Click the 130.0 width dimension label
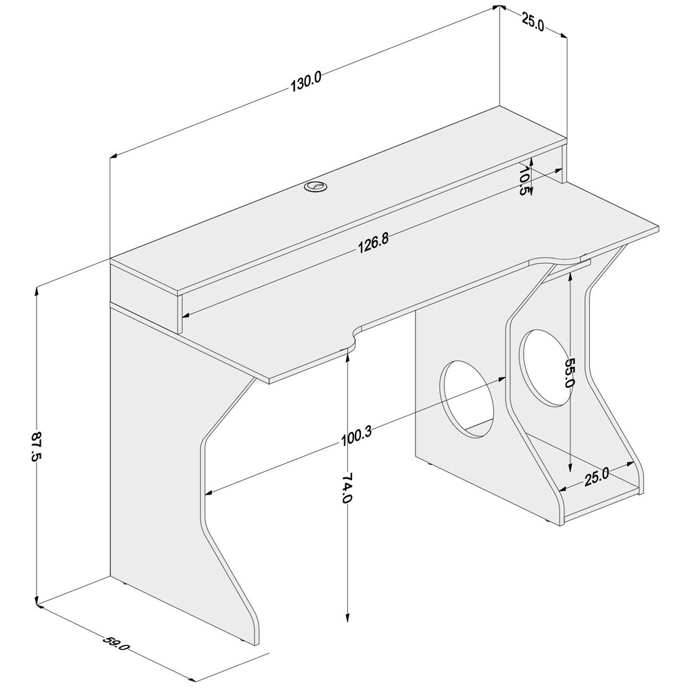pyautogui.click(x=306, y=83)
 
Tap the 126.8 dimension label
pyautogui.click(x=373, y=245)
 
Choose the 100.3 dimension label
pyautogui.click(x=356, y=437)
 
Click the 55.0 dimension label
pyautogui.click(x=570, y=372)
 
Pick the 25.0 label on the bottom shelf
pyautogui.click(x=597, y=477)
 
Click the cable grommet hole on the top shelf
pyautogui.click(x=315, y=186)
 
